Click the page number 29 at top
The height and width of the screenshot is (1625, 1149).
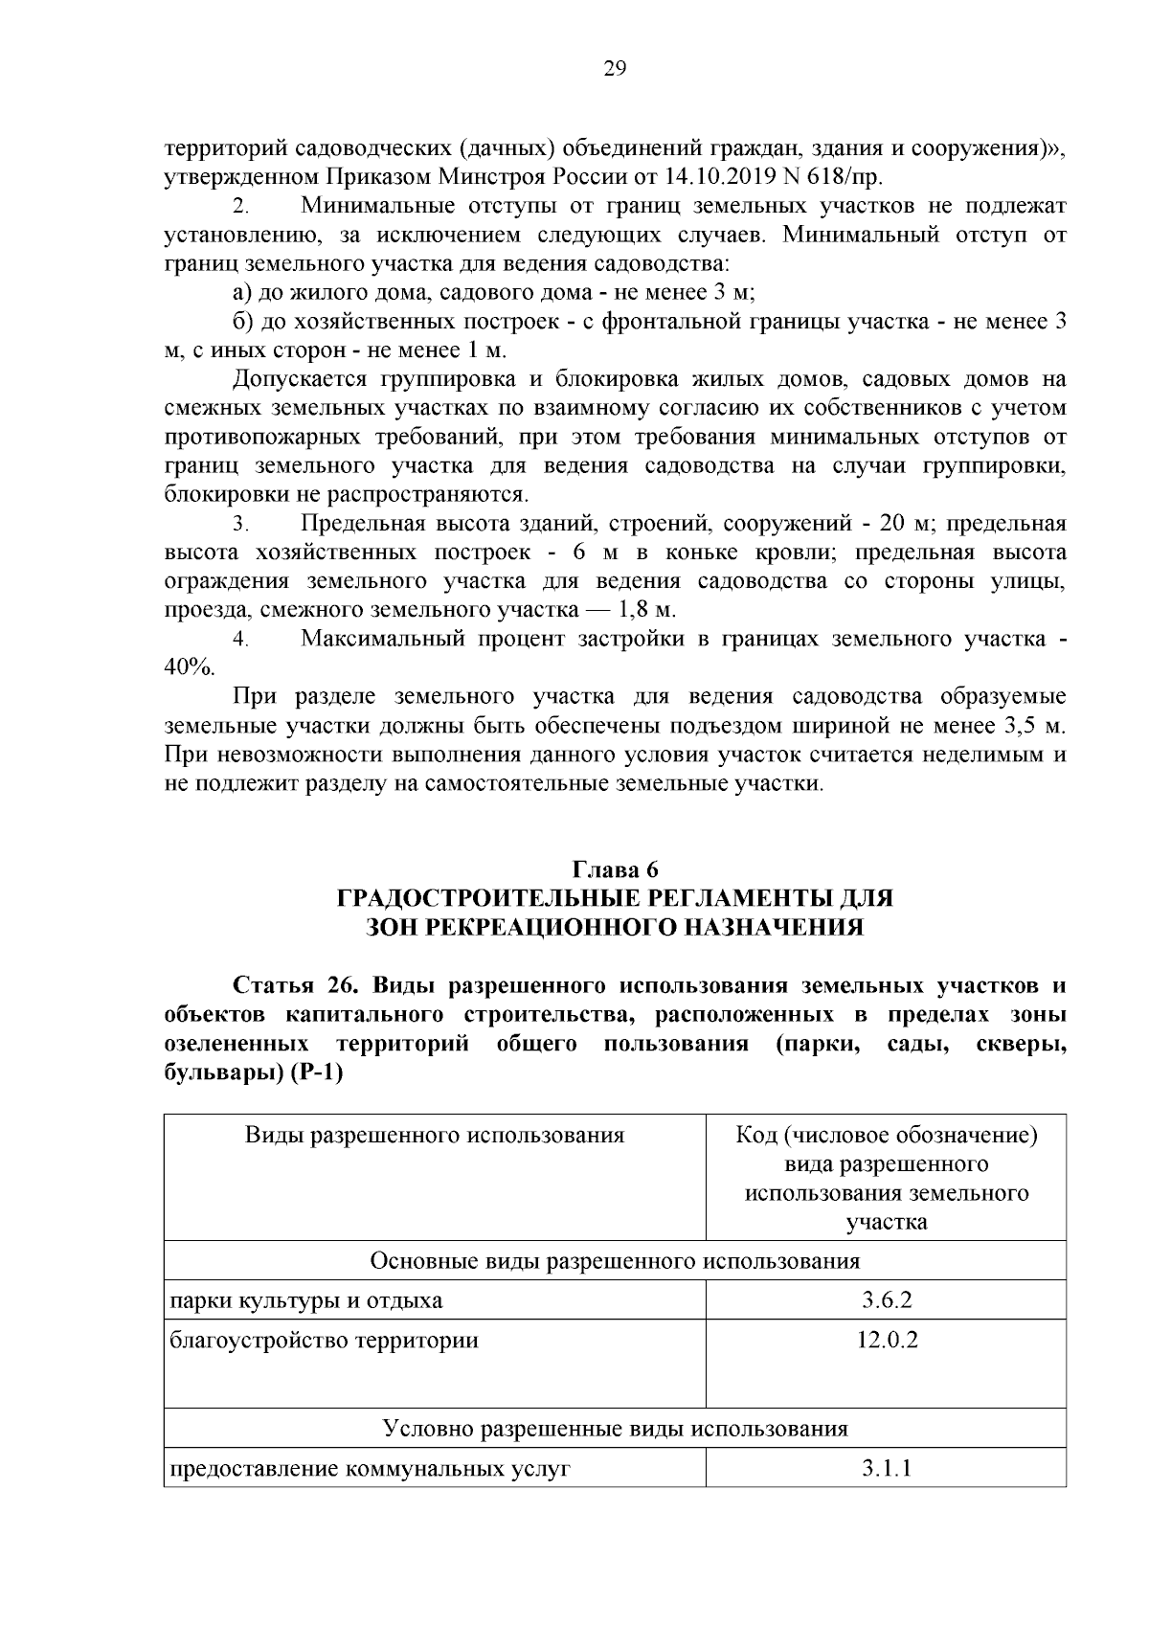click(x=615, y=68)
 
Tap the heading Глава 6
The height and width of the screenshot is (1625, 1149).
click(x=615, y=869)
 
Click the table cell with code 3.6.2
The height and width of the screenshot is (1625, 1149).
click(x=886, y=1300)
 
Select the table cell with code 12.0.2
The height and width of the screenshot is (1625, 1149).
click(x=886, y=1340)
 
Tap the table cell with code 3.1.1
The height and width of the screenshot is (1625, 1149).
click(x=886, y=1468)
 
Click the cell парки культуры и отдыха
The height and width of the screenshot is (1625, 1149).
click(x=306, y=1300)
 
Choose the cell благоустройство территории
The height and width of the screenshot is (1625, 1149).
click(x=324, y=1340)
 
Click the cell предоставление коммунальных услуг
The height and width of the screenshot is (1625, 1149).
click(x=370, y=1468)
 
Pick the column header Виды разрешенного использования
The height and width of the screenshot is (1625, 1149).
click(x=434, y=1136)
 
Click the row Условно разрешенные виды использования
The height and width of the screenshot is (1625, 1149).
click(x=615, y=1429)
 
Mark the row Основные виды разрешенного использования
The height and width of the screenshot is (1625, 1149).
click(x=615, y=1260)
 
